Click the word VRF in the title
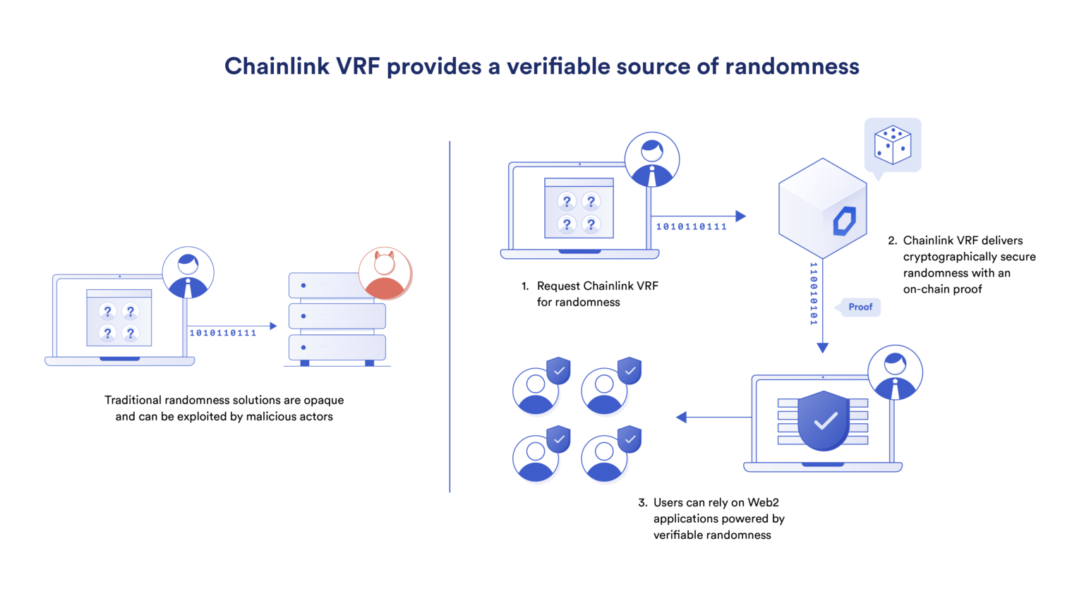[x=357, y=66]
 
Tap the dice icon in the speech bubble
[x=892, y=145]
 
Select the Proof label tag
[x=860, y=307]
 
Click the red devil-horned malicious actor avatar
[x=385, y=273]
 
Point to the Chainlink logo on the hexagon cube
[x=844, y=221]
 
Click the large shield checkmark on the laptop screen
[x=824, y=421]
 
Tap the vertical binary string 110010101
[x=813, y=293]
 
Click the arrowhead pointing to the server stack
[x=273, y=326]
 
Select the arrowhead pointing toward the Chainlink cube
[x=740, y=216]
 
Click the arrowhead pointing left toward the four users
[x=681, y=418]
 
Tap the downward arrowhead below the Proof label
[x=822, y=348]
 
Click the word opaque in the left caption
[x=323, y=400]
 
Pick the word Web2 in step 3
[x=763, y=502]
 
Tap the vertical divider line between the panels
[x=450, y=317]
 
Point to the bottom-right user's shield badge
[x=629, y=439]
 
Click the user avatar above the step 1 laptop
[x=651, y=160]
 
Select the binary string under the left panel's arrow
[x=222, y=333]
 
